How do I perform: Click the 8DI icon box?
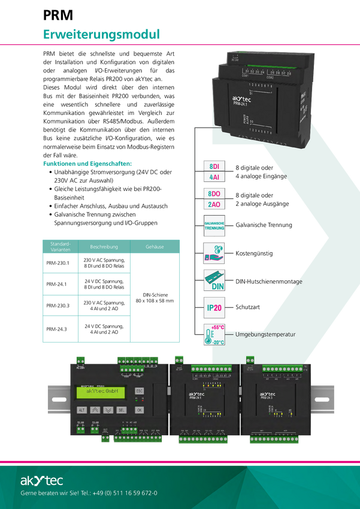(214, 166)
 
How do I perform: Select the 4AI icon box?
(214, 177)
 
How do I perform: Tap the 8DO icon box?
(214, 194)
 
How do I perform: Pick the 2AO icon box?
(214, 205)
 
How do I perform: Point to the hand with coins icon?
(214, 253)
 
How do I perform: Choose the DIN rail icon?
(214, 280)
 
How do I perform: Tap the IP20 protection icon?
(214, 308)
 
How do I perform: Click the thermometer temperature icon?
(214, 335)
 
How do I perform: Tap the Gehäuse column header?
(155, 247)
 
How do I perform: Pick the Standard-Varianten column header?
(60, 247)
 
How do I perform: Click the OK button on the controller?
(139, 410)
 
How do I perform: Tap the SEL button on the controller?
(122, 410)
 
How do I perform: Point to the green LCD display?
(100, 392)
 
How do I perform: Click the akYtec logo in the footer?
(41, 480)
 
